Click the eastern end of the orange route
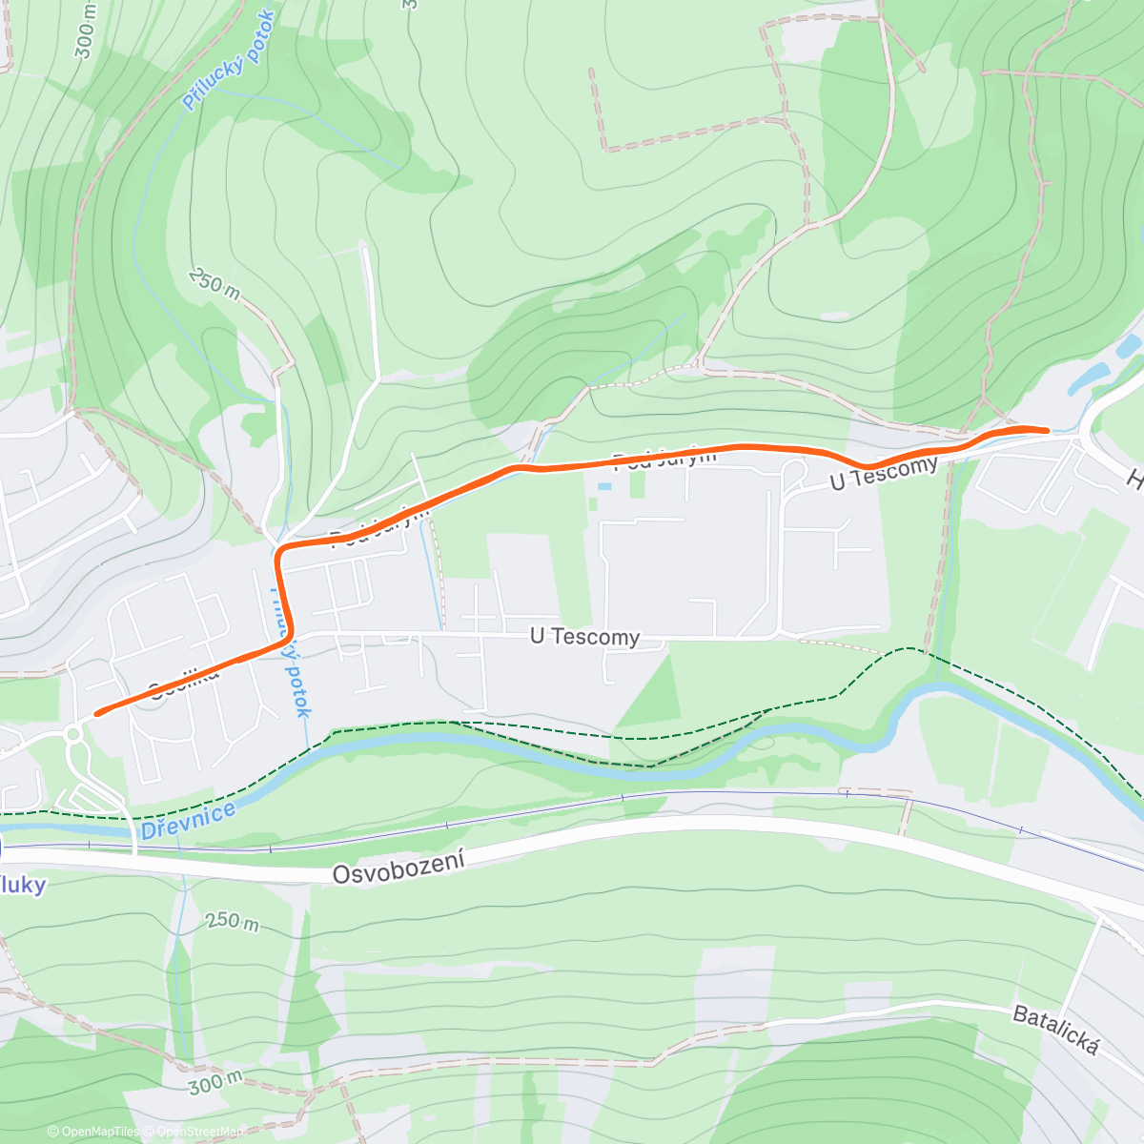(x=1047, y=430)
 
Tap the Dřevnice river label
(x=188, y=821)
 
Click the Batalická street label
(x=1055, y=1031)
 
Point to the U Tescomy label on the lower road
(x=584, y=636)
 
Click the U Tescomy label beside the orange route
(x=884, y=473)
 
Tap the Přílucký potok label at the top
(x=229, y=60)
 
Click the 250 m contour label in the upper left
(x=214, y=283)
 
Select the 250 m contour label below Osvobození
(x=232, y=922)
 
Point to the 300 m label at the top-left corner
(x=85, y=31)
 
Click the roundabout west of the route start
(x=73, y=733)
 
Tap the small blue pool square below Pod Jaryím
(x=603, y=486)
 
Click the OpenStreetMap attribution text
(x=199, y=1132)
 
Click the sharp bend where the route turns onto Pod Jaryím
(x=279, y=553)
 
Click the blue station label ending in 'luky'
(x=21, y=885)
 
